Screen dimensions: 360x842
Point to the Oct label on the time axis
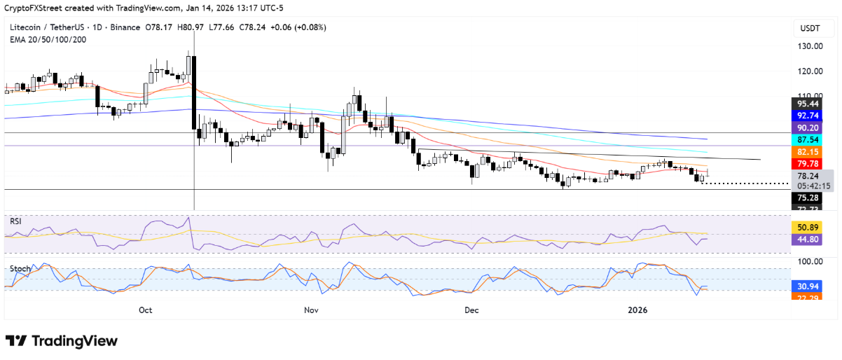click(x=146, y=310)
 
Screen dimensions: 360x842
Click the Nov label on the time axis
click(x=312, y=310)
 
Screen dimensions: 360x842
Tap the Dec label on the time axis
click(x=471, y=310)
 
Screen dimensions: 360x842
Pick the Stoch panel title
click(x=20, y=268)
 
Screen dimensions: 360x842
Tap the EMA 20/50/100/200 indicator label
click(x=48, y=39)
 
